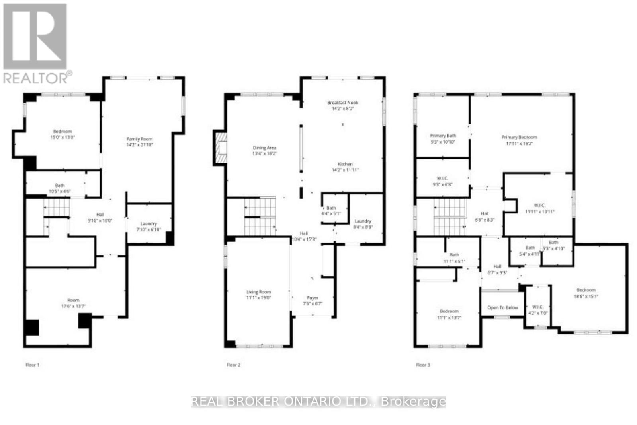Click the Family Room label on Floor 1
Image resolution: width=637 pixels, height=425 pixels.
(x=139, y=139)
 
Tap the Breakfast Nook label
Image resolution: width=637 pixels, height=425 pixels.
(x=343, y=103)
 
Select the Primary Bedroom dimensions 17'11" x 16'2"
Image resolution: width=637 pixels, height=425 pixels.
(x=519, y=144)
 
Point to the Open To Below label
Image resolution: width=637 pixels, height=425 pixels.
(x=502, y=308)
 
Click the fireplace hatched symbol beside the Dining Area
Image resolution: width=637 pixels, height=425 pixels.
(x=221, y=147)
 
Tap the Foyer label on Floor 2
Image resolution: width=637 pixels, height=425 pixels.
(x=313, y=298)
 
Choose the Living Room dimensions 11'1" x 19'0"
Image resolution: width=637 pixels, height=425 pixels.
(x=258, y=298)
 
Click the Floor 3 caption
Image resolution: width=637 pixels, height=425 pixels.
(x=423, y=365)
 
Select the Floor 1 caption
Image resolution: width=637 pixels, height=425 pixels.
(x=33, y=365)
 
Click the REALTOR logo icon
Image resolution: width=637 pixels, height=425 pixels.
(x=35, y=37)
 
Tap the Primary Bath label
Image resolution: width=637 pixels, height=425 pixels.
(x=443, y=136)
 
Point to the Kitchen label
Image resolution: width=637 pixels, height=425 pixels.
(x=345, y=164)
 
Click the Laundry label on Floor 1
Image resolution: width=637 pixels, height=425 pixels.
(x=149, y=224)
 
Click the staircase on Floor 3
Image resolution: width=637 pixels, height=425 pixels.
(x=449, y=217)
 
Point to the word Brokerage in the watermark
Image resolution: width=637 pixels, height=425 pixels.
(x=413, y=402)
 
